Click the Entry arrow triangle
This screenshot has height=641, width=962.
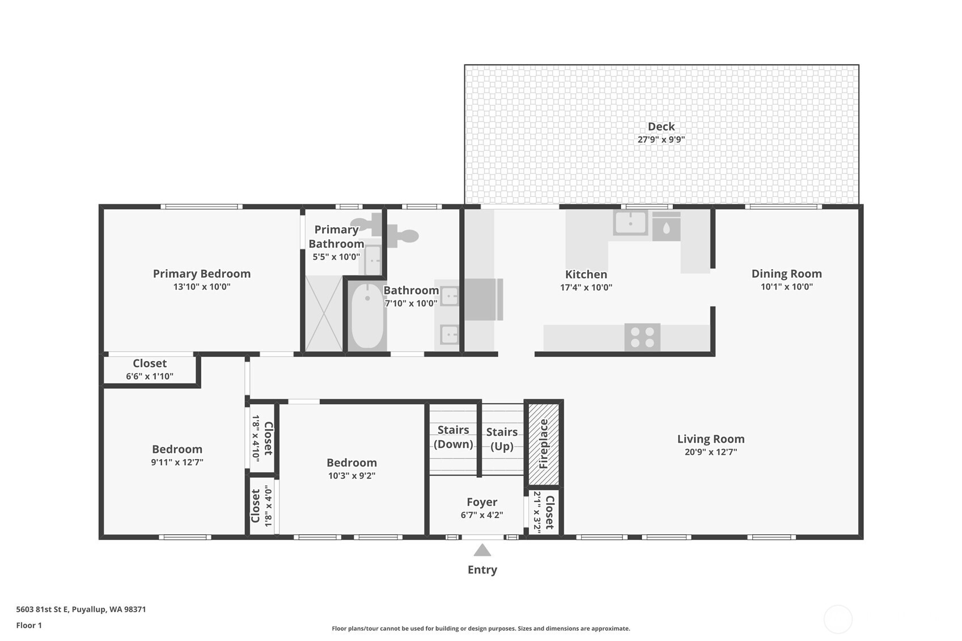482,550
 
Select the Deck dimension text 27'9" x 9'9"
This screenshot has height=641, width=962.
661,139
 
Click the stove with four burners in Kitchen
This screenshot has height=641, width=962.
642,337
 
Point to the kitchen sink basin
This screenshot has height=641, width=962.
630,223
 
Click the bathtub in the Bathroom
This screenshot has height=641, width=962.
367,316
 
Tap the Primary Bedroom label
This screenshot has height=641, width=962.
202,274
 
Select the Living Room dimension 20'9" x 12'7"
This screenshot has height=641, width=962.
710,452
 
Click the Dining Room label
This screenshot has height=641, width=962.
786,274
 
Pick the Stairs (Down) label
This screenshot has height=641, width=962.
453,437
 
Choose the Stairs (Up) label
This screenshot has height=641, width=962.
502,439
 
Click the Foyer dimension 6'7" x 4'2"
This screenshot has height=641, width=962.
482,515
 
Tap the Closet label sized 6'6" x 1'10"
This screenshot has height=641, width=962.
150,363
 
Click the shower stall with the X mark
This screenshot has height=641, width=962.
324,313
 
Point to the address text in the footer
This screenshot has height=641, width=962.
81,609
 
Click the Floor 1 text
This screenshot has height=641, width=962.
29,625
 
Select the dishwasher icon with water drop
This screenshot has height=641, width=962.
666,227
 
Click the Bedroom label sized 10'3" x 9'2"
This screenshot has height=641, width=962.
351,462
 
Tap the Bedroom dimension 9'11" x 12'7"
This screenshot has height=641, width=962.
177,462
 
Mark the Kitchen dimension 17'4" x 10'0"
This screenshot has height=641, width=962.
586,287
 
